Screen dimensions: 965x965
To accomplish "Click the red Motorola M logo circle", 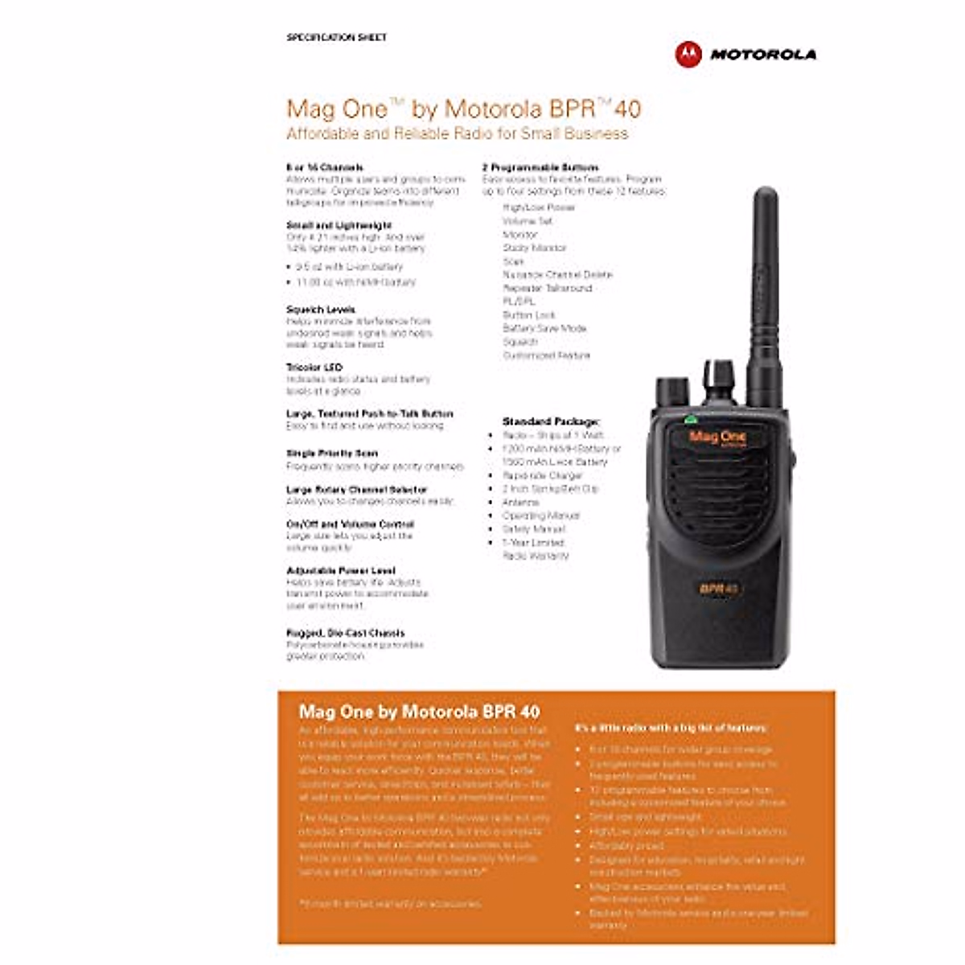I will [x=688, y=54].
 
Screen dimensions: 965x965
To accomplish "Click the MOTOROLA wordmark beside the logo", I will [x=762, y=55].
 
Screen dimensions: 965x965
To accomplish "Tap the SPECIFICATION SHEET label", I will [x=336, y=37].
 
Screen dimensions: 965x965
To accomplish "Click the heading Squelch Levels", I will [x=320, y=310].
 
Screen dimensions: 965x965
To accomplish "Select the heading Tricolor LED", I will [x=314, y=368].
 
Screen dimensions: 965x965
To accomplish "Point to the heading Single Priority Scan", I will [x=331, y=454].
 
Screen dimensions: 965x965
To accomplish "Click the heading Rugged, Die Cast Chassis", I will [x=345, y=633].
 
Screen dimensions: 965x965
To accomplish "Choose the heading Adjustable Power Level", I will [x=340, y=571].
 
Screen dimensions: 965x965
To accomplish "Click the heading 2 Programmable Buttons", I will [x=540, y=167].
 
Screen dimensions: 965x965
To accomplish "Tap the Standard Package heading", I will [x=551, y=421].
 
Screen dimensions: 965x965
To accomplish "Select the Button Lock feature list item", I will [x=528, y=315].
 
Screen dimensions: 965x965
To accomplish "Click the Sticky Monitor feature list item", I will [x=534, y=248].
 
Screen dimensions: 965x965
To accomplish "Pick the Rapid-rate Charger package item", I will [x=542, y=475].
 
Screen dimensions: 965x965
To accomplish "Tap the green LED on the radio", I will [x=689, y=419].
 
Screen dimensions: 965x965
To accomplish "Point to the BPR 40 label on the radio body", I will [x=718, y=588].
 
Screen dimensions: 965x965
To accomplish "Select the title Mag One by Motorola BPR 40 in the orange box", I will [x=419, y=712].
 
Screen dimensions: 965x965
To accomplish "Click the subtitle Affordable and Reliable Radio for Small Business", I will [x=457, y=133].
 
